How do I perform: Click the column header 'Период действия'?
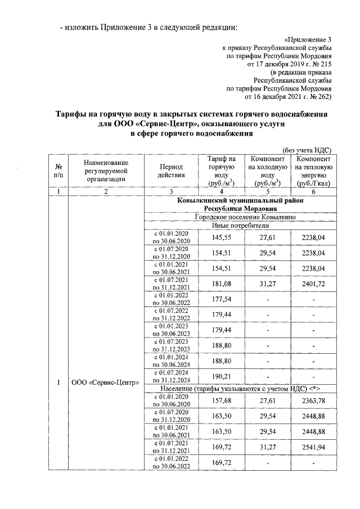(172, 170)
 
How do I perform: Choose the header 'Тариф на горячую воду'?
(220, 171)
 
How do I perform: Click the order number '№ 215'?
(322, 65)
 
